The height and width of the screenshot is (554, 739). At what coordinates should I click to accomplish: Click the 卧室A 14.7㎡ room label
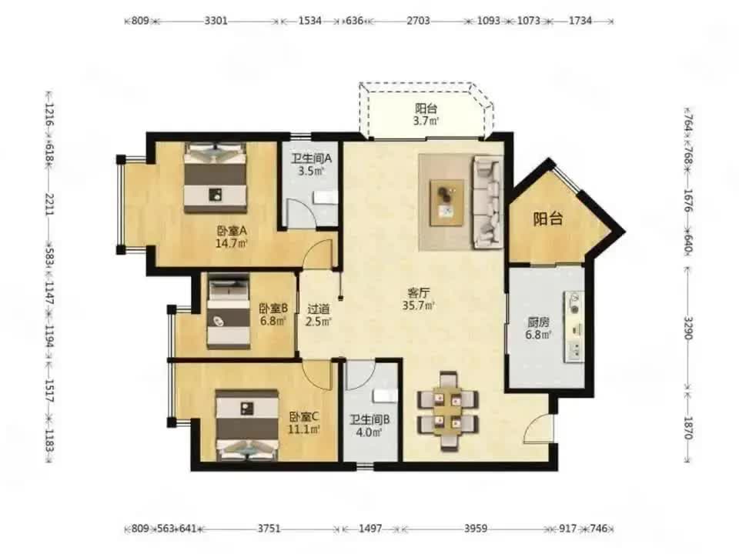[x=232, y=237]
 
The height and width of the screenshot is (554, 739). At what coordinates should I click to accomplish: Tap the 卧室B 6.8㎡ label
[x=273, y=315]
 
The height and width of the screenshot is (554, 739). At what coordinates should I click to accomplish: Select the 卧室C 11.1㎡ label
[x=304, y=422]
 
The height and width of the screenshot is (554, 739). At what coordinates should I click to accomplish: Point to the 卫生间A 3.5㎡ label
[x=311, y=165]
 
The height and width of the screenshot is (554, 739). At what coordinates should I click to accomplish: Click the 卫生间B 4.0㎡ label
[x=369, y=426]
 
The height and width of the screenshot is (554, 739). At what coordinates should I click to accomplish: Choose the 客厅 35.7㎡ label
[x=418, y=299]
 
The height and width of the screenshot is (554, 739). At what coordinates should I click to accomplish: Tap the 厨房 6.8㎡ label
[x=538, y=329]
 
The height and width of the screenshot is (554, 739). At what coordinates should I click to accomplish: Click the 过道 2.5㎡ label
[x=318, y=315]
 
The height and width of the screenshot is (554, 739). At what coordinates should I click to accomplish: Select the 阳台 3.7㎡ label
[x=426, y=115]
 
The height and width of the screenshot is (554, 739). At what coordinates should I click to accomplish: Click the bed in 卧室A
[x=216, y=178]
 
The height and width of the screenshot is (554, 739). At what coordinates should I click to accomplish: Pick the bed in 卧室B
[x=229, y=312]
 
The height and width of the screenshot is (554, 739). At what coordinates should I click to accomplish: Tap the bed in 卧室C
[x=247, y=425]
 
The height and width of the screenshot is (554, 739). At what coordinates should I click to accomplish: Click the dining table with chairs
[x=448, y=410]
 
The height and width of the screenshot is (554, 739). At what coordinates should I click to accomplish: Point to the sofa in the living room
[x=487, y=202]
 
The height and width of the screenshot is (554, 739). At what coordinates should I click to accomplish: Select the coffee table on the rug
[x=446, y=203]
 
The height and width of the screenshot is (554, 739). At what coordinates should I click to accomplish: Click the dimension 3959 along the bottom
[x=475, y=529]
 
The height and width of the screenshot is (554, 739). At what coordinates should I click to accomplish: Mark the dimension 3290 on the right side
[x=688, y=328]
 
